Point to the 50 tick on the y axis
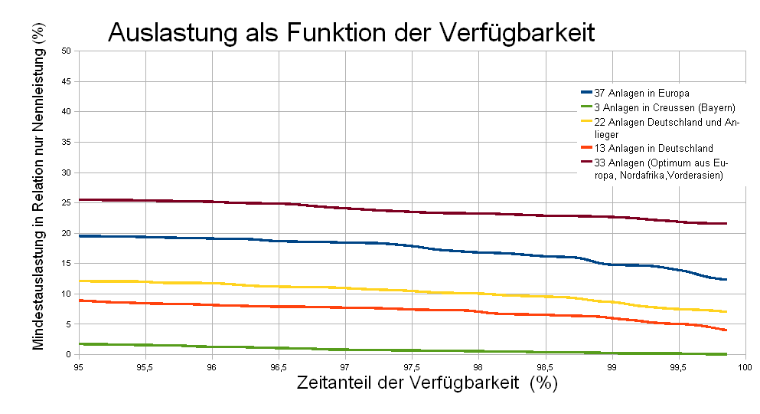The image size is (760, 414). [66, 51]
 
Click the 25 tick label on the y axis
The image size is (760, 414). [66, 203]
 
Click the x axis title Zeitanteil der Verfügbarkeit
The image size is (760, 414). [427, 384]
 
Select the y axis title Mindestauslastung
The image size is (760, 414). [38, 196]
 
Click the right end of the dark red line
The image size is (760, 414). [725, 223]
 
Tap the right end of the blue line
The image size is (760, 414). [725, 280]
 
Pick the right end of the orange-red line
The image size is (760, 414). [725, 330]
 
